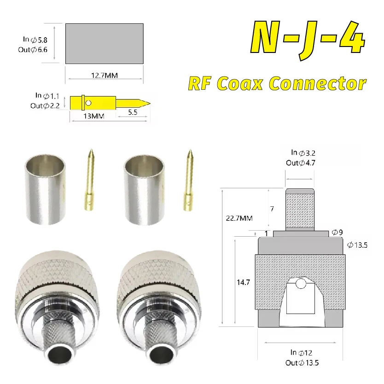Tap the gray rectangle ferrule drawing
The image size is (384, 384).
pyautogui.click(x=104, y=44)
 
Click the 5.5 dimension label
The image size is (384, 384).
pyautogui.click(x=133, y=112)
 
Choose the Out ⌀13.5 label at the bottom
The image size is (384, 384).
pyautogui.click(x=302, y=362)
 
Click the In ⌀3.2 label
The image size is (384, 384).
pyautogui.click(x=303, y=152)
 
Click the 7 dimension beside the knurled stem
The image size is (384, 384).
pyautogui.click(x=272, y=209)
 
